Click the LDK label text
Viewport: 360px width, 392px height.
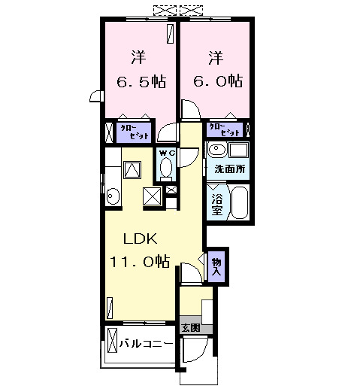pos(140,239)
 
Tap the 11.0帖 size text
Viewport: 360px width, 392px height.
pos(141,261)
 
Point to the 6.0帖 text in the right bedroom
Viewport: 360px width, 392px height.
pos(216,80)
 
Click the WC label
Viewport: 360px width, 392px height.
pos(167,150)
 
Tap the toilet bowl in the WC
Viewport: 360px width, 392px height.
pos(167,167)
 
